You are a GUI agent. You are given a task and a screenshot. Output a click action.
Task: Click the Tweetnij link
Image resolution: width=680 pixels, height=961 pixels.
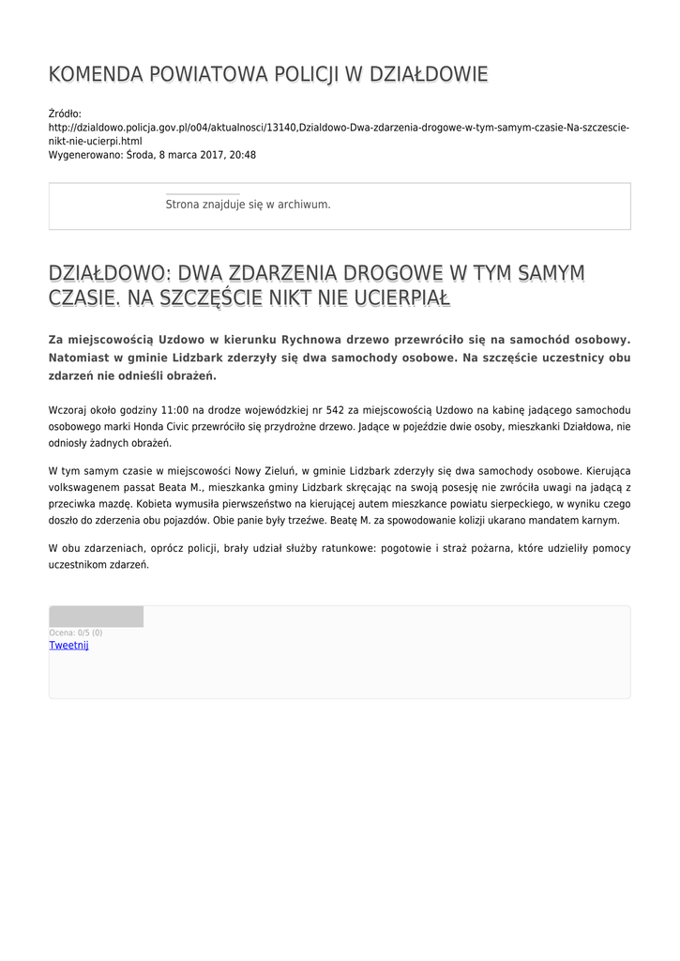(68, 646)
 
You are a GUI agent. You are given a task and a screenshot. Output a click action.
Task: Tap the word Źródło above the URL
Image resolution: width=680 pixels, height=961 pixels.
(65, 114)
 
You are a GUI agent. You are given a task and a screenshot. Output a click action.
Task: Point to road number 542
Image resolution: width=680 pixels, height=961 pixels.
(335, 410)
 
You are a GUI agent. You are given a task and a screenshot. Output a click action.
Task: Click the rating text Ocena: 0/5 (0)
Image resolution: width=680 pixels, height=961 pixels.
(76, 633)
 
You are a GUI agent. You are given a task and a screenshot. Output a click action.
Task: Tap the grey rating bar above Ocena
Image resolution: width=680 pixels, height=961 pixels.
(96, 617)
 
